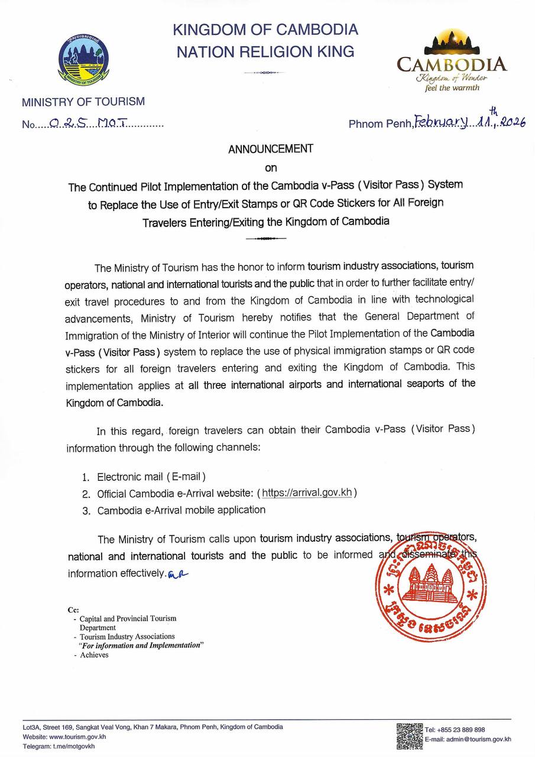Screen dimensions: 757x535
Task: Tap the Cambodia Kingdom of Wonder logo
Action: (x=451, y=62)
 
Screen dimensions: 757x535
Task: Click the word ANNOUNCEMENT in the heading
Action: (x=270, y=149)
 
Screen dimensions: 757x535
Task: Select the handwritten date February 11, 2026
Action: (x=470, y=121)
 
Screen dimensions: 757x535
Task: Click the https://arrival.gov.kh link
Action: (x=307, y=493)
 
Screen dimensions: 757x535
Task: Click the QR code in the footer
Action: (x=409, y=736)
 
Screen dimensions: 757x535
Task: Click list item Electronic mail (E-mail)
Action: (x=151, y=476)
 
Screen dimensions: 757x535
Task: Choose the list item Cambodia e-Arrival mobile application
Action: (x=181, y=510)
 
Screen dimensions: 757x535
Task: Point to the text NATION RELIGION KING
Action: (x=265, y=51)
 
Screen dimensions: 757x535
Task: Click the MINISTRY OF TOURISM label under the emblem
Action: (x=83, y=102)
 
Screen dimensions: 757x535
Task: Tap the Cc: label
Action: (x=74, y=609)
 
